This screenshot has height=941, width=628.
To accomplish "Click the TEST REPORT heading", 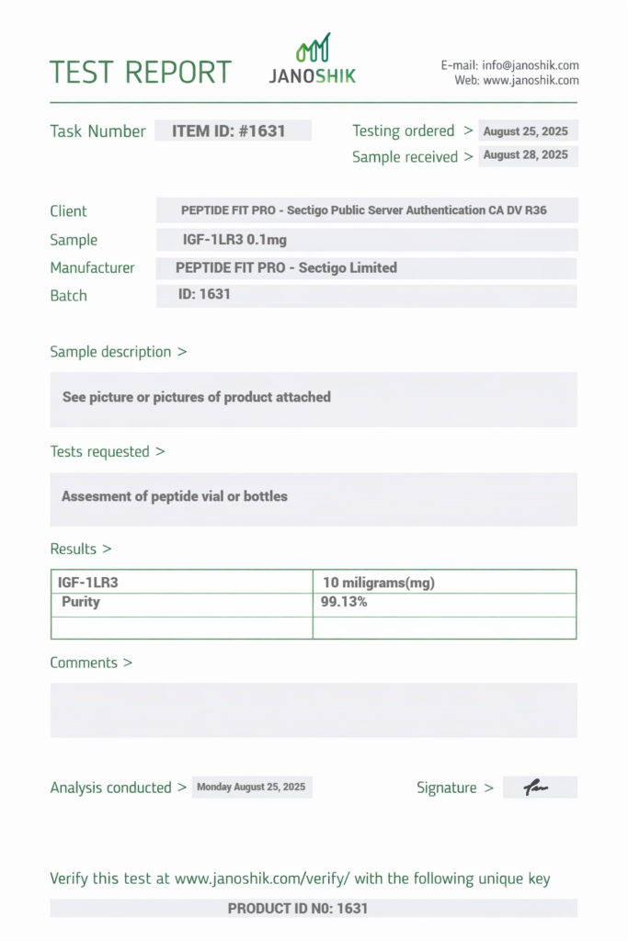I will (x=141, y=73).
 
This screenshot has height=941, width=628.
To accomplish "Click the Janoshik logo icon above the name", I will (x=313, y=49).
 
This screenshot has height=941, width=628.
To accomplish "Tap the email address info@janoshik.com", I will (x=531, y=65).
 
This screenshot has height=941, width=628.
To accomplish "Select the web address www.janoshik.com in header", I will (x=531, y=81).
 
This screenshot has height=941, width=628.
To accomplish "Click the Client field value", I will (x=364, y=210).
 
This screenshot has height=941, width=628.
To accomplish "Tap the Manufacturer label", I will (x=92, y=268).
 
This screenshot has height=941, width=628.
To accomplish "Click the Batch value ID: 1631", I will (x=204, y=295).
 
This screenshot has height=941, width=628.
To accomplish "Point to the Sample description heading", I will (x=118, y=352).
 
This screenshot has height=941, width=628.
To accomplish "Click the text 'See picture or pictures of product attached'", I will (x=197, y=397).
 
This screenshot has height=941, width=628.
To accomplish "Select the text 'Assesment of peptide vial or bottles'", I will (x=175, y=496).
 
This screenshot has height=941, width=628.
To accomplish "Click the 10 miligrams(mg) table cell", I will (x=379, y=583).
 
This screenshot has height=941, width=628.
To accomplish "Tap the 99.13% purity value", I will (x=345, y=602).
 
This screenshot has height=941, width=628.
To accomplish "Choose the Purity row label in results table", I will (x=81, y=602).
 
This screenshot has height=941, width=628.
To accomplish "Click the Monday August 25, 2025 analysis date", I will (x=251, y=788).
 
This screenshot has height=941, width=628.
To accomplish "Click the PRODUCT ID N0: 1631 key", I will (x=298, y=909).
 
